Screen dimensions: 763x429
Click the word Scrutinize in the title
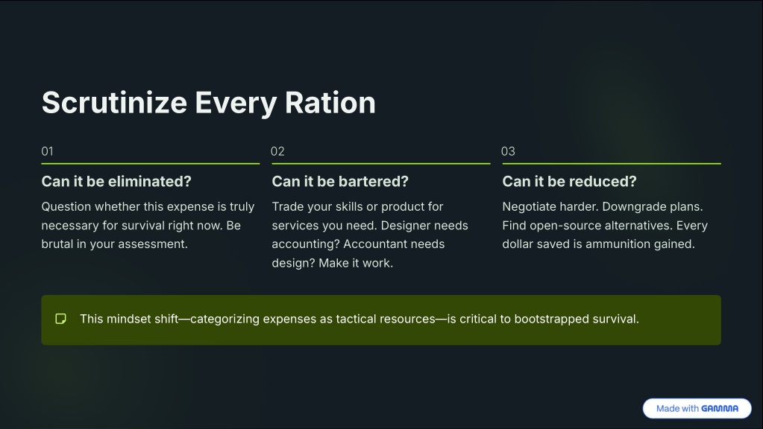[114, 103]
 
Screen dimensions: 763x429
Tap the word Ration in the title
[330, 103]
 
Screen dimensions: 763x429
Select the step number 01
[47, 152]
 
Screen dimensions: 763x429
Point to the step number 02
[277, 152]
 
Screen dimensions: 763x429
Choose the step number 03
[508, 152]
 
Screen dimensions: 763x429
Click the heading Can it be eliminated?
[116, 182]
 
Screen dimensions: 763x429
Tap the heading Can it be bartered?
[340, 182]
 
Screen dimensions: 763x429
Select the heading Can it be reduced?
[569, 182]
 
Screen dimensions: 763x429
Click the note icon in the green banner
[61, 319]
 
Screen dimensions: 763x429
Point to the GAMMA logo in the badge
[720, 409]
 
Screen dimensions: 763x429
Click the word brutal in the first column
[57, 244]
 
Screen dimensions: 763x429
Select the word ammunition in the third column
[618, 244]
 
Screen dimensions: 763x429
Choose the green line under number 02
[381, 164]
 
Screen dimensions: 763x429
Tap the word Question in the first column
[66, 207]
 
